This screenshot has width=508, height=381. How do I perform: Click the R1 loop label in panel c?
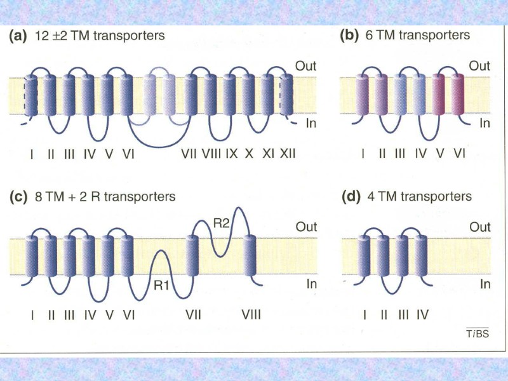(160, 285)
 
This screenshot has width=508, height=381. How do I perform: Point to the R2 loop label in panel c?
(220, 223)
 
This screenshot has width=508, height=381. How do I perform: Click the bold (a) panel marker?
(17, 36)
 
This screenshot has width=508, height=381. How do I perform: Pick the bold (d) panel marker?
(351, 197)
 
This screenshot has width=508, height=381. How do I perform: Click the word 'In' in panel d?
(485, 284)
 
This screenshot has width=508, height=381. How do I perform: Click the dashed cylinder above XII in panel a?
(286, 95)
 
